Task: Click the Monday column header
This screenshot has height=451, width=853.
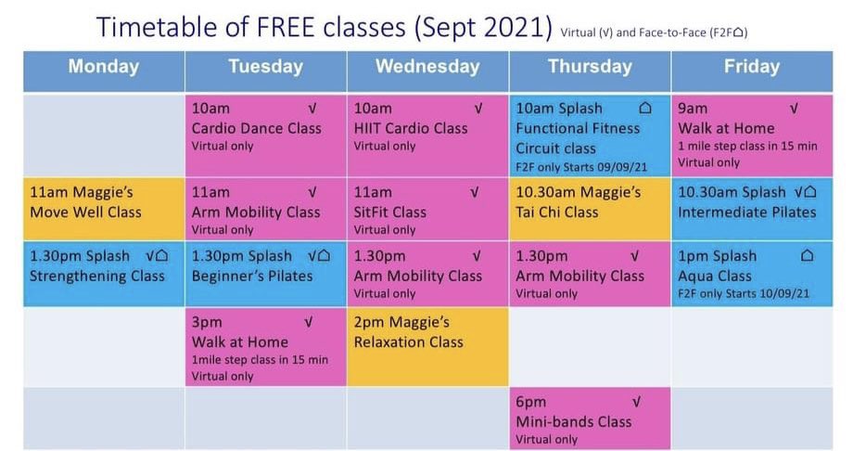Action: [x=104, y=67]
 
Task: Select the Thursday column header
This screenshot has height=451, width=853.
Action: [x=590, y=67]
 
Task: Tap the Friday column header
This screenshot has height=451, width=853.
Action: [x=752, y=67]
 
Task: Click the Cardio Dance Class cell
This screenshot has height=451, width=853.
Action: [x=266, y=135]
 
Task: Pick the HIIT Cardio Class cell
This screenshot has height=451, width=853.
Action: [x=427, y=135]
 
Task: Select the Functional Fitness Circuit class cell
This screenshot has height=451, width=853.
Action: [x=590, y=135]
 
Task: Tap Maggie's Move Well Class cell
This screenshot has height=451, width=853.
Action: [x=104, y=209]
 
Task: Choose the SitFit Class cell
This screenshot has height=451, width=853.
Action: [x=427, y=209]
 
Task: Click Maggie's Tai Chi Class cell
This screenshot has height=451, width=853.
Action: [x=590, y=209]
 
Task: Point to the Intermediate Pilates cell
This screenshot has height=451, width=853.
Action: [x=752, y=209]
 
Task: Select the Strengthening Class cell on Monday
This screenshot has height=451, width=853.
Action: [x=104, y=274]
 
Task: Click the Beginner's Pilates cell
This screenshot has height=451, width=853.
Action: [x=266, y=274]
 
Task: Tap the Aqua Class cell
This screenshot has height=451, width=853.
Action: [x=752, y=274]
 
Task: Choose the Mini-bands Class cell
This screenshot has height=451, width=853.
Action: [x=590, y=419]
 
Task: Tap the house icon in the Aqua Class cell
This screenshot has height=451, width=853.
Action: [x=807, y=256]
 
